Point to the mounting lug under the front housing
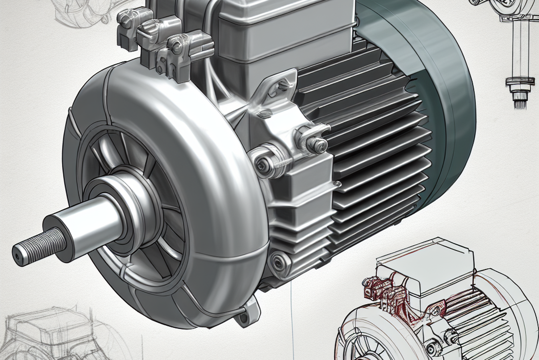(244, 316)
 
